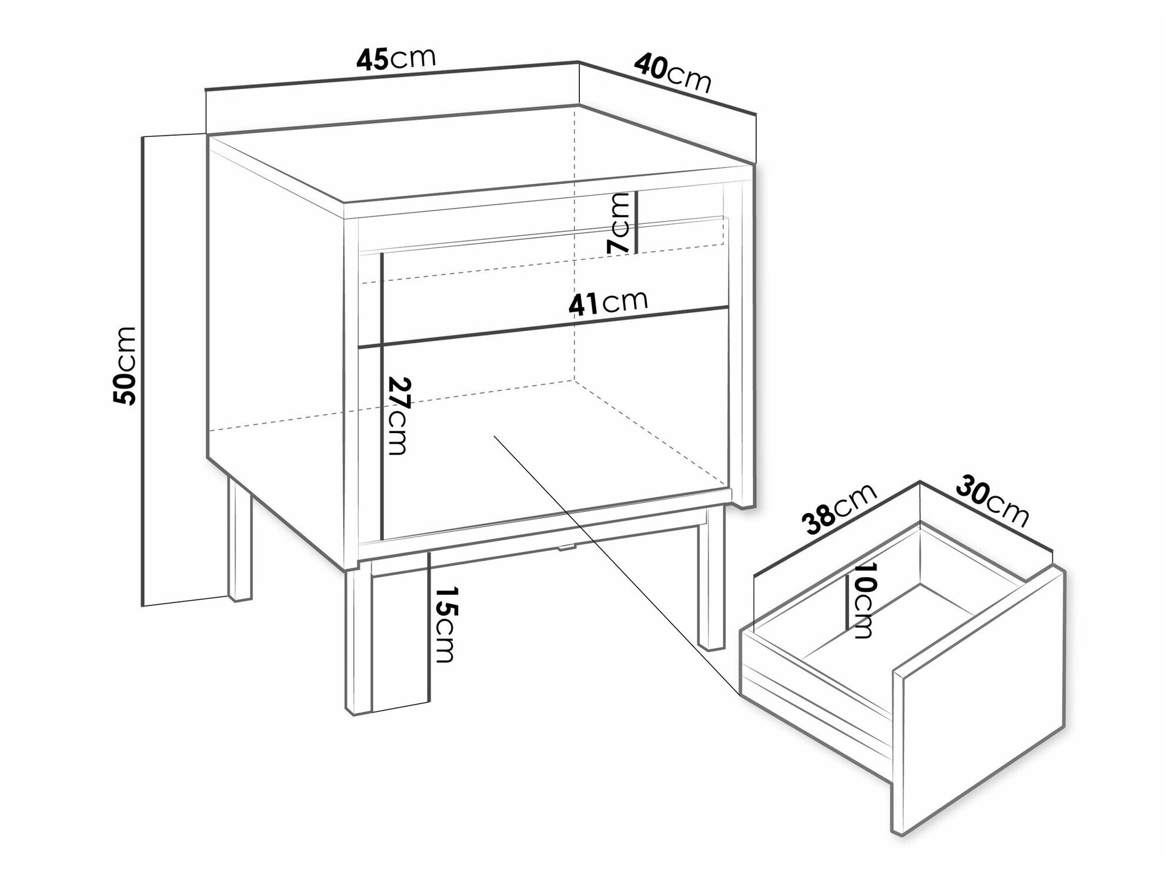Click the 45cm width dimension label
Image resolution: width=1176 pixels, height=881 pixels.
[x=396, y=59]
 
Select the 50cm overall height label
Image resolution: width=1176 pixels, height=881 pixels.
[x=126, y=365]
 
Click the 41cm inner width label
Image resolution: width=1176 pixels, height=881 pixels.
[x=608, y=303]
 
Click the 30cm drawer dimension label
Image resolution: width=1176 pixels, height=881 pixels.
[x=993, y=501]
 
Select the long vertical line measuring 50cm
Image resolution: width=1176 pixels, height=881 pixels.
[x=144, y=371]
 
